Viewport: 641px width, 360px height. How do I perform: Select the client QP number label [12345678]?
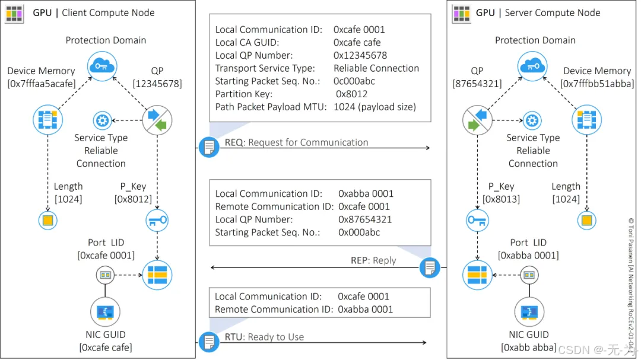(x=157, y=84)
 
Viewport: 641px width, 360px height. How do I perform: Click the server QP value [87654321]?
(x=477, y=84)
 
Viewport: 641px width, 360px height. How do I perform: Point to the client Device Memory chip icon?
(x=47, y=121)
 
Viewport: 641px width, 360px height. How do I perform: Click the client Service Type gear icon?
(x=102, y=121)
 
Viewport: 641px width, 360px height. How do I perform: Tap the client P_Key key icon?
(x=157, y=221)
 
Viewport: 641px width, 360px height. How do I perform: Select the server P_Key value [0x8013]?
(x=501, y=199)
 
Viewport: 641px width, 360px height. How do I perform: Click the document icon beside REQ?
(x=209, y=146)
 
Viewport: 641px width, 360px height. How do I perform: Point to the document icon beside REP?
(x=430, y=267)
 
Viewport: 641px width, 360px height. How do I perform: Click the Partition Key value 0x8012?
(x=351, y=94)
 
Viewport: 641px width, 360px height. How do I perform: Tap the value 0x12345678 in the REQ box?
(x=360, y=55)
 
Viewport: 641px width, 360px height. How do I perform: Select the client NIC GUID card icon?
(x=105, y=311)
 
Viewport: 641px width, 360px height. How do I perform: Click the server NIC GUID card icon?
(x=529, y=311)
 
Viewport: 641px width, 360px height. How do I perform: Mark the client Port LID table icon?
(x=157, y=275)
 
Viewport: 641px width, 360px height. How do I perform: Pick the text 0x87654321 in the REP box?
(x=364, y=219)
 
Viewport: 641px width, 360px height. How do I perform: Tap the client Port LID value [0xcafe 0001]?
(x=106, y=255)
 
